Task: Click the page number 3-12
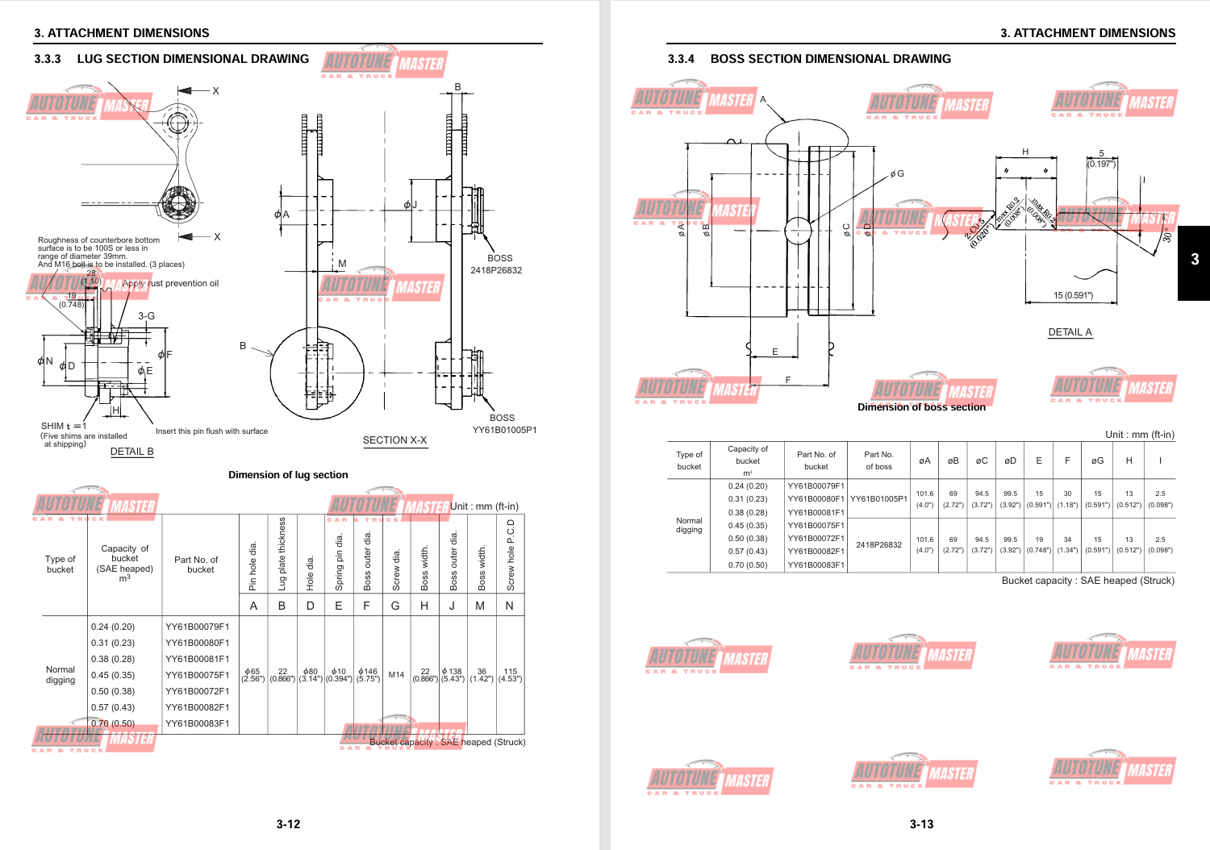click(x=288, y=824)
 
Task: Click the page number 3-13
click(x=921, y=824)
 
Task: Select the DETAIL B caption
click(x=131, y=452)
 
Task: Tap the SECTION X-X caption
click(x=394, y=440)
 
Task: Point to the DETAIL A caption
click(x=1070, y=332)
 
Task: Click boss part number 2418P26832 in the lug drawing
click(x=496, y=270)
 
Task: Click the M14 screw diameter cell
click(x=396, y=675)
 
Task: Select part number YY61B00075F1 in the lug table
click(x=198, y=675)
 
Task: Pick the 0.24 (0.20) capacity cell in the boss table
click(x=748, y=486)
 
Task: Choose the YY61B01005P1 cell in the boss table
click(x=878, y=499)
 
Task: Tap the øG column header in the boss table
click(x=1097, y=461)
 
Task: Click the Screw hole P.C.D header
click(x=510, y=556)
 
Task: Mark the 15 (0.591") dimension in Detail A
click(x=1073, y=295)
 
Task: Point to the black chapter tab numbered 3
click(x=1195, y=260)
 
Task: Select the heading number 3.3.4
click(x=681, y=59)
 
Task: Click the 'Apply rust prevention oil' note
click(x=171, y=284)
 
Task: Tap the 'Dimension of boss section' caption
click(x=921, y=407)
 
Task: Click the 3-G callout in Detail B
click(x=146, y=316)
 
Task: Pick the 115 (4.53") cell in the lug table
click(x=510, y=675)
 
